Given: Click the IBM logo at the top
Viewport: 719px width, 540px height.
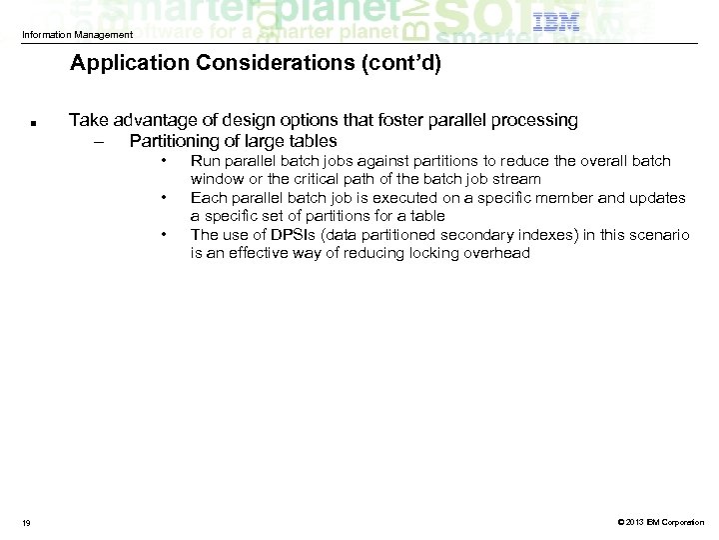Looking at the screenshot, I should coord(556,23).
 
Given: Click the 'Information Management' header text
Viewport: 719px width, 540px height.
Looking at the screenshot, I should coord(77,36).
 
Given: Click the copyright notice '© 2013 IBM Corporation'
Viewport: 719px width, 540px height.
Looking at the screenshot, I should coord(660,522).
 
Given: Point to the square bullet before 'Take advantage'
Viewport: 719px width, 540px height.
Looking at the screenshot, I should coord(34,124).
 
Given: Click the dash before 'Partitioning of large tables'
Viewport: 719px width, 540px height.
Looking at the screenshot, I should coord(97,141).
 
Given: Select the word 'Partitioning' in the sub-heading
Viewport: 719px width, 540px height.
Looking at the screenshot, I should coord(176,141).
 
